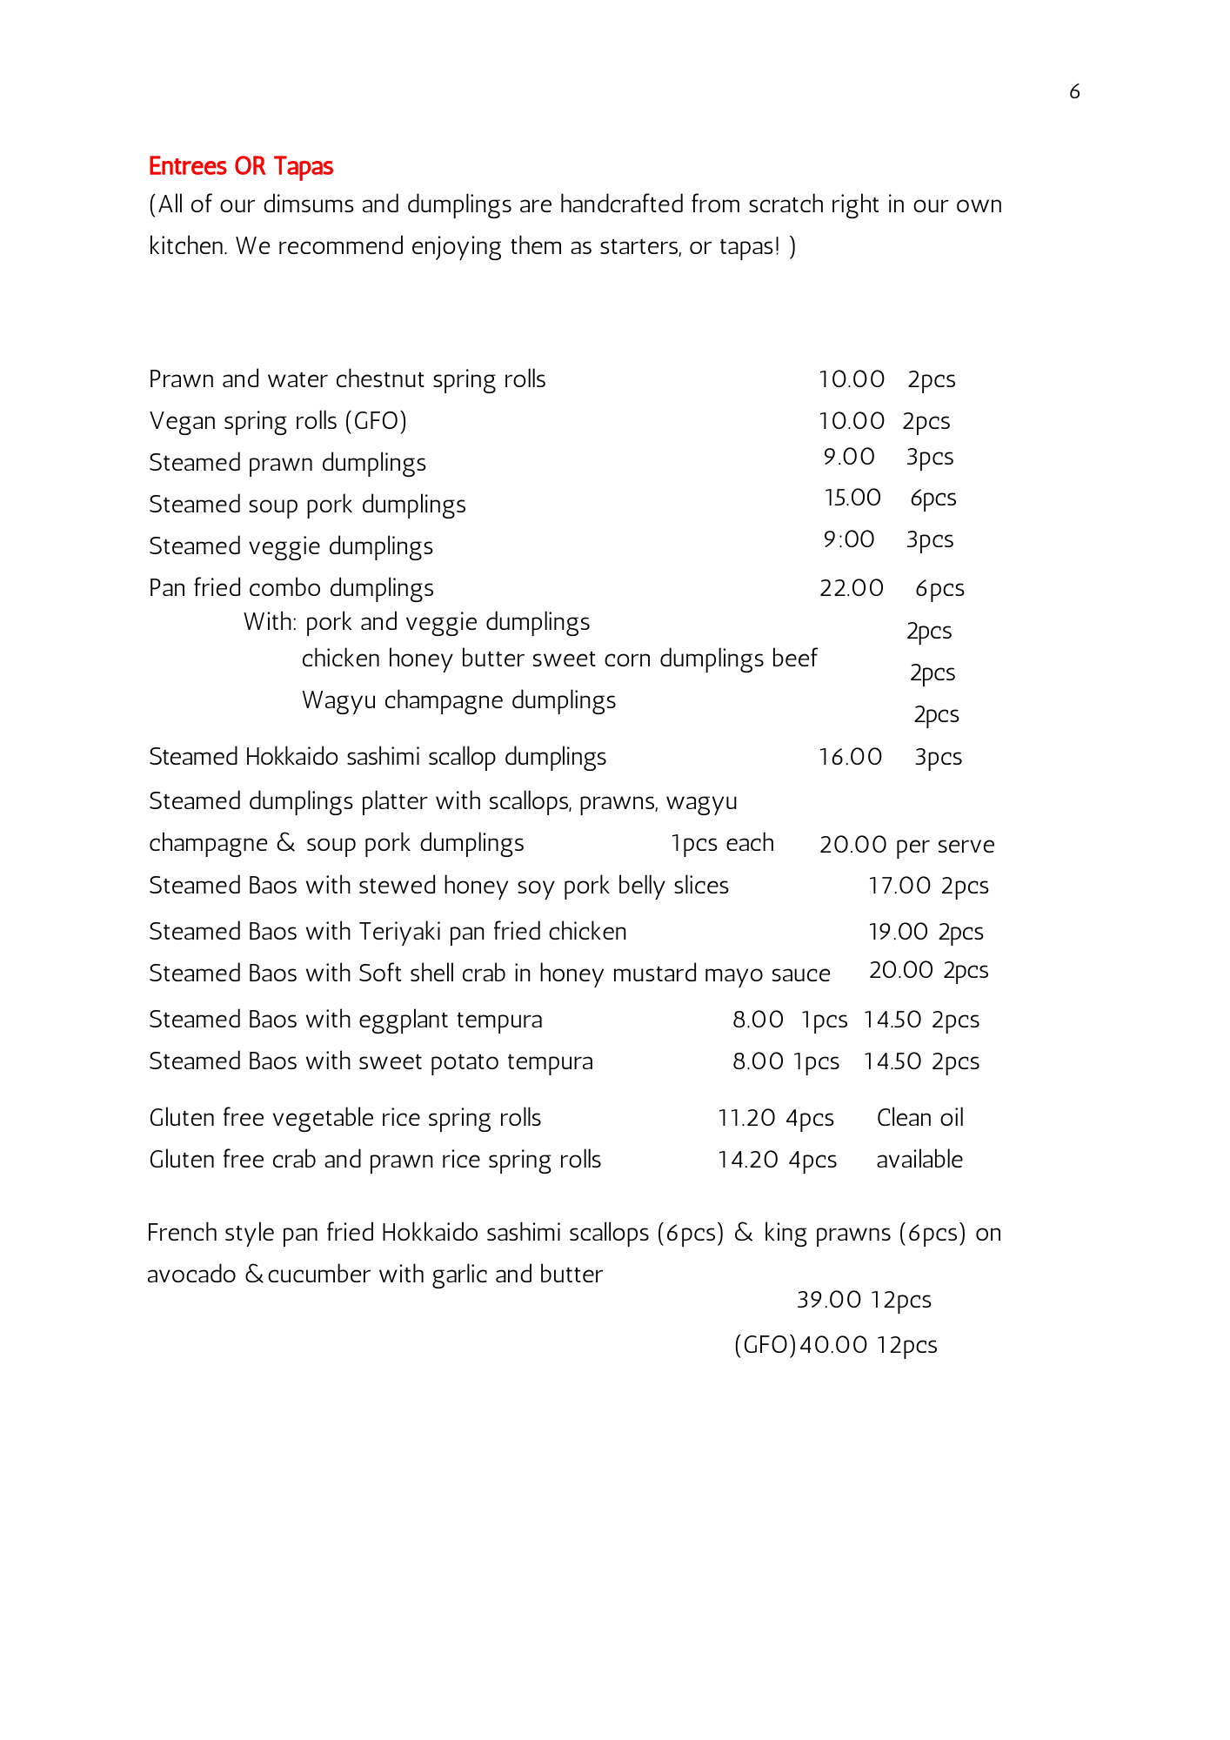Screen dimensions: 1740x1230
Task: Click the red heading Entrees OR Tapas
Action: [241, 166]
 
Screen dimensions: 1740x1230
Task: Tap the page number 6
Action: [1074, 91]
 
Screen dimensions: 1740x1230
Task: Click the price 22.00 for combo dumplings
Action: [851, 588]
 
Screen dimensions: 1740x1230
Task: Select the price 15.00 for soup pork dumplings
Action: [852, 498]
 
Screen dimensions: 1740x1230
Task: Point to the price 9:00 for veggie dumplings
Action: [849, 539]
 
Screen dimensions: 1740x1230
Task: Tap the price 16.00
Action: [850, 757]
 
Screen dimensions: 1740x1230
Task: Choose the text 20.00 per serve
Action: [906, 845]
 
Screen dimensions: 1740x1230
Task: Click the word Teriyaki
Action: [400, 932]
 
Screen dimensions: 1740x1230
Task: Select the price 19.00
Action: [899, 932]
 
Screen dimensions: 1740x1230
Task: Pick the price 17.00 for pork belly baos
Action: [899, 886]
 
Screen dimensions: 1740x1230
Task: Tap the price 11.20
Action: [746, 1118]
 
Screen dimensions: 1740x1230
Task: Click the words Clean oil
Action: [919, 1118]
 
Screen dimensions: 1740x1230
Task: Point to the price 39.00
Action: [829, 1300]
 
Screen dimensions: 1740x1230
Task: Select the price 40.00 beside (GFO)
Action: [833, 1345]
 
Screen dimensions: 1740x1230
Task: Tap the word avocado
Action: [191, 1275]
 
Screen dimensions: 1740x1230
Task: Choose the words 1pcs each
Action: [722, 843]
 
